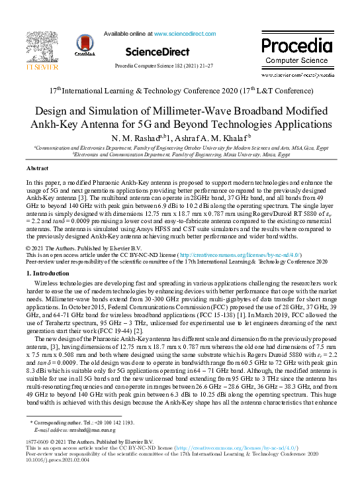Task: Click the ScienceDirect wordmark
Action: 157,52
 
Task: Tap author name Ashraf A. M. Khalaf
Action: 206,138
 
